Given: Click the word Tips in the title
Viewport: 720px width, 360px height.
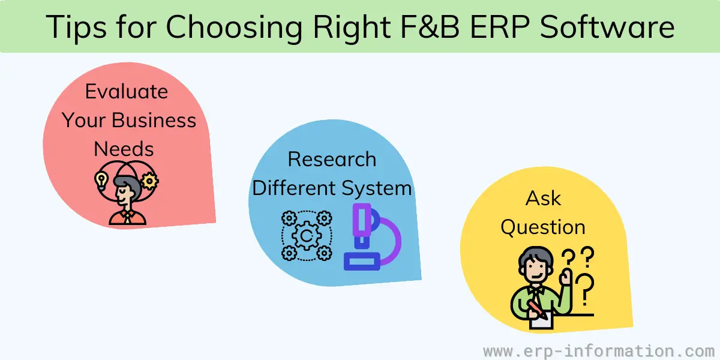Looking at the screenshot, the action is pos(76,28).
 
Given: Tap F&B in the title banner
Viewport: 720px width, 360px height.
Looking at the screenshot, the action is pos(430,26).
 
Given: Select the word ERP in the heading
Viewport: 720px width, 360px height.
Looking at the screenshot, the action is pos(500,26).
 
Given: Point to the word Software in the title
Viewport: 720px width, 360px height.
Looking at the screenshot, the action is pos(607,26).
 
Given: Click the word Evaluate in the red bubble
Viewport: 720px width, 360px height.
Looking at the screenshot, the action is pos(127,92).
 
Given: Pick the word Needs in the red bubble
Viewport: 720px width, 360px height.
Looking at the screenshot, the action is pos(124,149).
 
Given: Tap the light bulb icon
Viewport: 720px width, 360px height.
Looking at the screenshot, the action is pos(101,181).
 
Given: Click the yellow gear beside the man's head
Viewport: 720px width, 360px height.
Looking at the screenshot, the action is pos(149,181).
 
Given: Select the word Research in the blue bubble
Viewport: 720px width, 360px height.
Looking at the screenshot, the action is pos(332,159).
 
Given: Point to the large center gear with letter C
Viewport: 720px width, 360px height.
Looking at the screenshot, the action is pos(307,236).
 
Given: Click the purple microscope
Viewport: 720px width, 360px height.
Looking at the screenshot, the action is pos(373,236).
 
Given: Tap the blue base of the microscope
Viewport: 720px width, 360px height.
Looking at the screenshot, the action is pos(362,261).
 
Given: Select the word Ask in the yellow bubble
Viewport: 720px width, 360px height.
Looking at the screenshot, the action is pos(543,199).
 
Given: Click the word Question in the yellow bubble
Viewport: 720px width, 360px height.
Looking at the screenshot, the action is pos(543,227).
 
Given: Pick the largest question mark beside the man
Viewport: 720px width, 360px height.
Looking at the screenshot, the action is pos(584,289).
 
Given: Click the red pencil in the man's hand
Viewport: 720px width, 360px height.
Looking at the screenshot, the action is pos(538,309).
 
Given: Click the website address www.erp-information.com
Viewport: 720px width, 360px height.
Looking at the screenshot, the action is pos(599,350).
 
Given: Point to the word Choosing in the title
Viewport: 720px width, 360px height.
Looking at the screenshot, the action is pos(234,28).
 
